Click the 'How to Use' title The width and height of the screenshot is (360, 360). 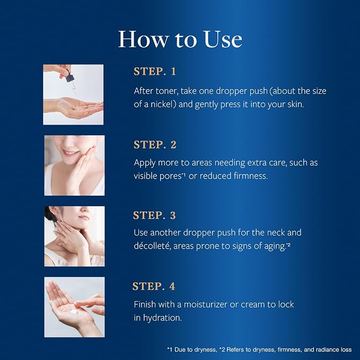click(180, 39)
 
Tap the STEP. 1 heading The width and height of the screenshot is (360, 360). click(155, 72)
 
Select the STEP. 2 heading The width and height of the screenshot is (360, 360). click(155, 145)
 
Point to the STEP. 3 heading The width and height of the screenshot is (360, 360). click(154, 215)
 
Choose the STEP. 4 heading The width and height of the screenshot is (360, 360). click(154, 286)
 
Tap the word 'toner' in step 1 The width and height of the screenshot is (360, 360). click(167, 91)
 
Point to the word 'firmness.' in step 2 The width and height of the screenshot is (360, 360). click(251, 175)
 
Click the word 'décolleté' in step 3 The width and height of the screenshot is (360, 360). click(152, 246)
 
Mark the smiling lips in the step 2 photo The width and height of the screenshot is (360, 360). click(71, 153)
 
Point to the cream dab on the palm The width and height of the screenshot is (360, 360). click(74, 311)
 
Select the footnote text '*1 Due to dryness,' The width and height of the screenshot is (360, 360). click(192, 350)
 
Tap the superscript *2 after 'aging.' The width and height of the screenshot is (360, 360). click(288, 245)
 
